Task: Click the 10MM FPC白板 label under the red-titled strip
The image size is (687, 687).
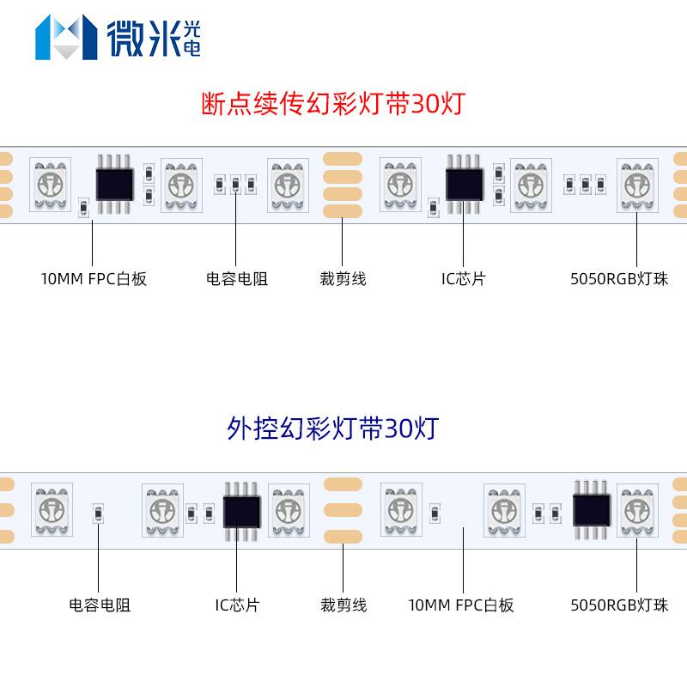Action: pyautogui.click(x=94, y=279)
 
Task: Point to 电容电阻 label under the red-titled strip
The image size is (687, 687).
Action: pyautogui.click(x=236, y=279)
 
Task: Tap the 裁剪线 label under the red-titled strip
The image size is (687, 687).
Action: pyautogui.click(x=343, y=279)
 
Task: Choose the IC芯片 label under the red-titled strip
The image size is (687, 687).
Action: pyautogui.click(x=463, y=279)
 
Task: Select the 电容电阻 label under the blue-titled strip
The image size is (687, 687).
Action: pyautogui.click(x=100, y=605)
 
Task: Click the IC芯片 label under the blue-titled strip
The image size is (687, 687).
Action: pyautogui.click(x=237, y=605)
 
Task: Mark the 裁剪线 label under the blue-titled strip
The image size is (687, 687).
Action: pyautogui.click(x=343, y=605)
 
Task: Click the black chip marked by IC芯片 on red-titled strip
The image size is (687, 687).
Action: pyautogui.click(x=464, y=181)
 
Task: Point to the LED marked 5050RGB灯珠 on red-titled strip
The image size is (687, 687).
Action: pyautogui.click(x=637, y=182)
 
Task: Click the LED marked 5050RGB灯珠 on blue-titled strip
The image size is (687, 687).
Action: pyautogui.click(x=637, y=508)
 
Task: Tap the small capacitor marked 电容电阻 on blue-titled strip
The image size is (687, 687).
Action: pyautogui.click(x=99, y=514)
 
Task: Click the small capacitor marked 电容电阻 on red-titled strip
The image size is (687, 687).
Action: pyautogui.click(x=235, y=183)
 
